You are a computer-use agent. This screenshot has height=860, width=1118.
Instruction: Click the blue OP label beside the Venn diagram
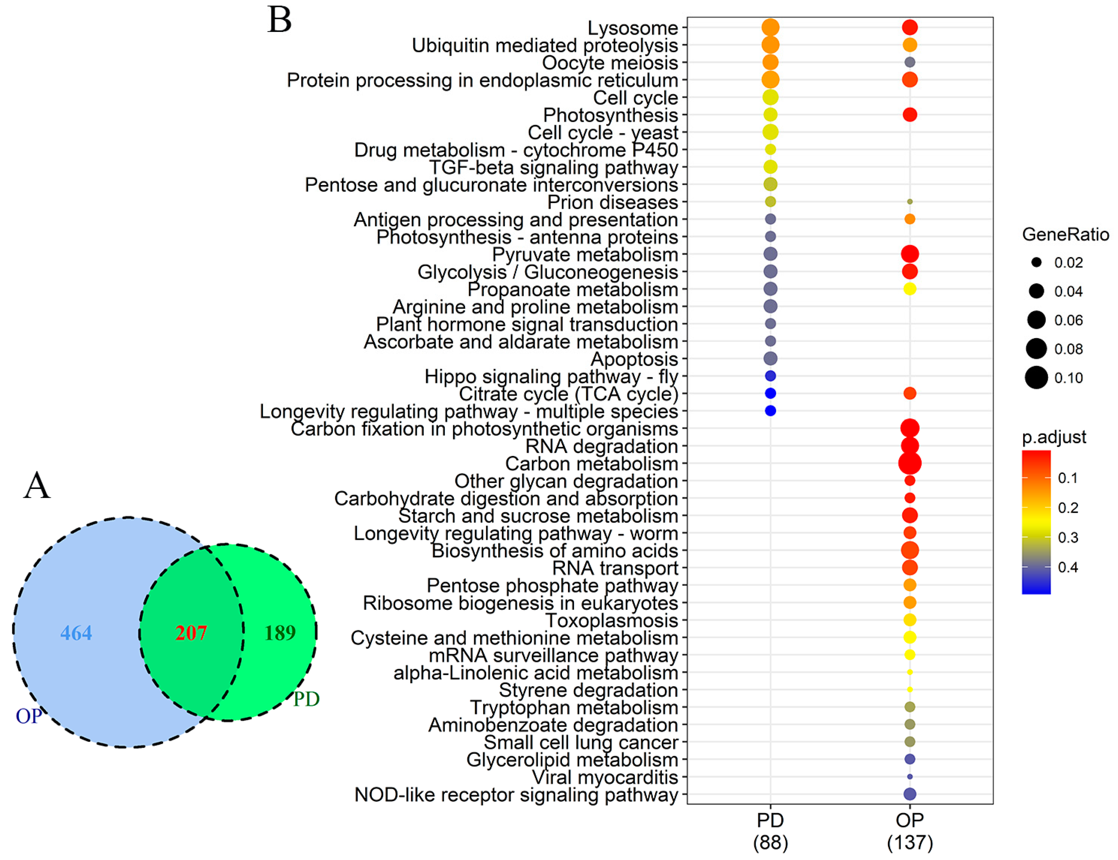29,716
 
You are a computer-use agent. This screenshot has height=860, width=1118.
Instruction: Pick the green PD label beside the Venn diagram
306,699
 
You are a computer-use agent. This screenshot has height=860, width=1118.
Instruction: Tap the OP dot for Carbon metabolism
910,464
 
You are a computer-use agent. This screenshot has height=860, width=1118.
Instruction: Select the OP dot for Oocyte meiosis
910,63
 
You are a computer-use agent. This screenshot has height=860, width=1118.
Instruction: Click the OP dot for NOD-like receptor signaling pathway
910,794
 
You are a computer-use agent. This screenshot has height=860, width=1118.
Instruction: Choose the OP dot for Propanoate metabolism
910,289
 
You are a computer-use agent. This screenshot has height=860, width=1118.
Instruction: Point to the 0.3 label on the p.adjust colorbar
1068,538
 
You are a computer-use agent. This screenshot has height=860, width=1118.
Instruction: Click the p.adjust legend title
1053,437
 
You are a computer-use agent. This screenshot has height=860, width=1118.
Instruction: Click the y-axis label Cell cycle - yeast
603,132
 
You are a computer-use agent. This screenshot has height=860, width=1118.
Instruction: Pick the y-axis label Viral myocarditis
605,777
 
